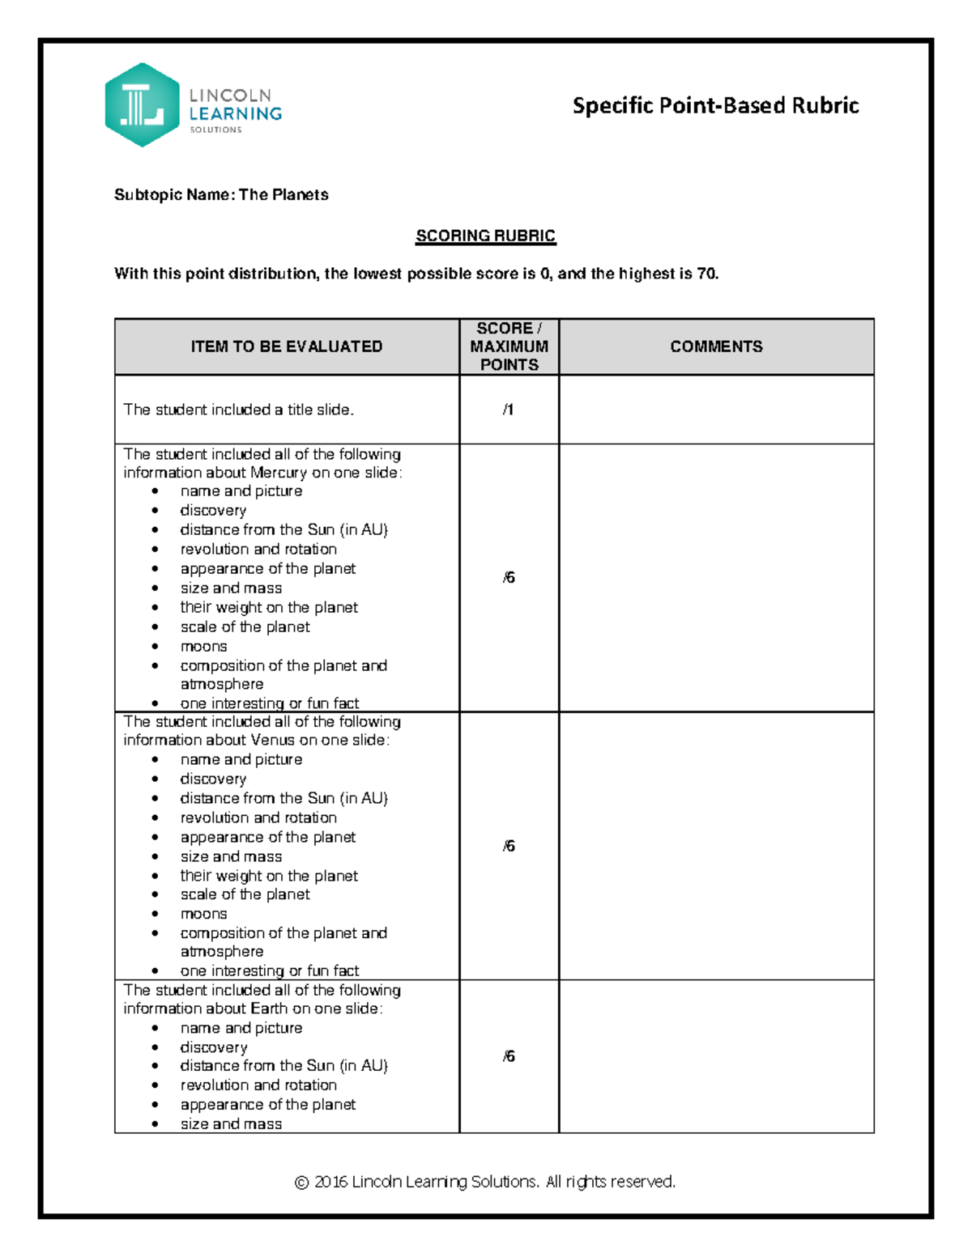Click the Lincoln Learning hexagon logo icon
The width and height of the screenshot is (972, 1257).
pyautogui.click(x=142, y=105)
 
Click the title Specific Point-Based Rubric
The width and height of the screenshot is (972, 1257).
pyautogui.click(x=715, y=106)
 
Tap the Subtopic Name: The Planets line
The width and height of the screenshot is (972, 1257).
pyautogui.click(x=221, y=195)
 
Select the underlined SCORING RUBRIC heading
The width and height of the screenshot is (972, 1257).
pyautogui.click(x=485, y=236)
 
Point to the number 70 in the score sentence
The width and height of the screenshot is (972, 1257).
pyautogui.click(x=706, y=274)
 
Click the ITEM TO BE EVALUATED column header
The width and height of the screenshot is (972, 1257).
pyautogui.click(x=287, y=346)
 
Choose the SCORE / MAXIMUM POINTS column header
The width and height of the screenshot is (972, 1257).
pyautogui.click(x=509, y=346)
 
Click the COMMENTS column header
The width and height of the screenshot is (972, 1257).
pyautogui.click(x=716, y=346)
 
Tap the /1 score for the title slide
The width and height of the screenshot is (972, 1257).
pyautogui.click(x=508, y=410)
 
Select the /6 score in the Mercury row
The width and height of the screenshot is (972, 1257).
pyautogui.click(x=509, y=578)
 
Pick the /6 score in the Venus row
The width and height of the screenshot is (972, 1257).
pyautogui.click(x=509, y=847)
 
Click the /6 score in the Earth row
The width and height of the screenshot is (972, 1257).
pyautogui.click(x=509, y=1056)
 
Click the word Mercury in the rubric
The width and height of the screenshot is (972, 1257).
pyautogui.click(x=279, y=473)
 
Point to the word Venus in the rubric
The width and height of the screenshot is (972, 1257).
pyautogui.click(x=273, y=741)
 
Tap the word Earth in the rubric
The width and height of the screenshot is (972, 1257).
pyautogui.click(x=269, y=1009)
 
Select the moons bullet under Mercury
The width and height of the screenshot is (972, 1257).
pyautogui.click(x=203, y=647)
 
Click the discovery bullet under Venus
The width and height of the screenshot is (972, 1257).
pyautogui.click(x=213, y=779)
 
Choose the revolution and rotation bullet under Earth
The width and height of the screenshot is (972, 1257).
pyautogui.click(x=258, y=1085)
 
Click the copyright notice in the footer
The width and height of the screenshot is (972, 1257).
pyautogui.click(x=485, y=1182)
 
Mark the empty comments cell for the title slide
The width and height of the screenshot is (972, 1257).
pyautogui.click(x=716, y=410)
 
